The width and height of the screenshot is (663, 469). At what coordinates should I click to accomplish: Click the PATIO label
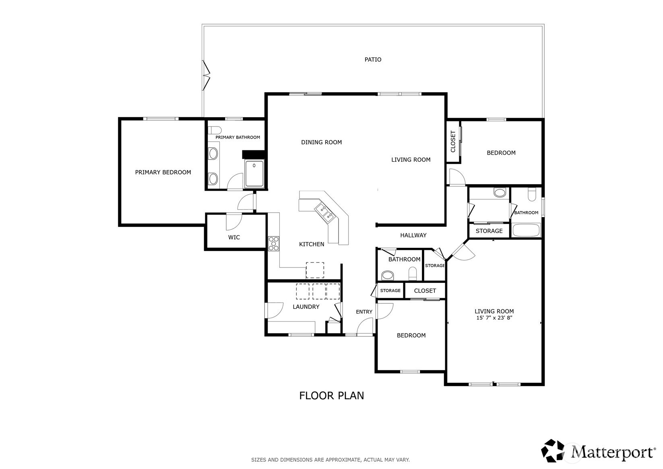point(373,60)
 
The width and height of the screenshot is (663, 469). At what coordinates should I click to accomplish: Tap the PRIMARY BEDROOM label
point(163,172)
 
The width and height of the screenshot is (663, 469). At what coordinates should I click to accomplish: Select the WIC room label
point(234,237)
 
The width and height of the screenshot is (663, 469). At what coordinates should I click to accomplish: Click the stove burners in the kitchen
point(274,243)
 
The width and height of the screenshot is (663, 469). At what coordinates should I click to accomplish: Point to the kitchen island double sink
point(325,213)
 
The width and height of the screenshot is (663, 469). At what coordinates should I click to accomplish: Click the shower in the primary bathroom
point(254,174)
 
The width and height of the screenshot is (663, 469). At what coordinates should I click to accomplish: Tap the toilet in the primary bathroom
point(215,130)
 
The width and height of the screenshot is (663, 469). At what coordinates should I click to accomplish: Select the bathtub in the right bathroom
point(525,231)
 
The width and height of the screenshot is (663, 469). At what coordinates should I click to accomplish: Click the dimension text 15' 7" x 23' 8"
point(494,318)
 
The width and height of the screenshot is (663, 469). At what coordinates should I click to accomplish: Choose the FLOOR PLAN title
point(331,396)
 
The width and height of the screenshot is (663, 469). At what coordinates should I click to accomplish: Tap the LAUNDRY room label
point(306,307)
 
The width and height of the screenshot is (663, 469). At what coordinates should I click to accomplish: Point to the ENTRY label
point(364,312)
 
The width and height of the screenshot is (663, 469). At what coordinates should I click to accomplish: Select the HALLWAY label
point(413,235)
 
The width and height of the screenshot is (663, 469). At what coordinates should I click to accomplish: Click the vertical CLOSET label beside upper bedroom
point(453,141)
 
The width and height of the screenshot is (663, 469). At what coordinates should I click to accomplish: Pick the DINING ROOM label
point(321,142)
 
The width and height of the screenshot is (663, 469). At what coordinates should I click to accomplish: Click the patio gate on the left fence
point(206,75)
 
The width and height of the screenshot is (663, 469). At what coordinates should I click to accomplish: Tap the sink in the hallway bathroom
point(388,276)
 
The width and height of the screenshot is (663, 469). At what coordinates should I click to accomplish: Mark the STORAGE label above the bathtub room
point(489,231)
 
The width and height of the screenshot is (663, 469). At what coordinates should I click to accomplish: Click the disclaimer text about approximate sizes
point(330,459)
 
